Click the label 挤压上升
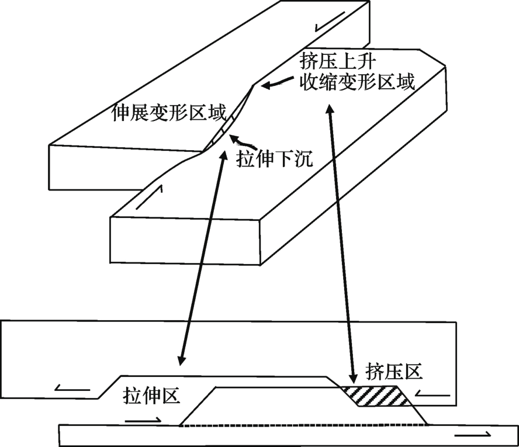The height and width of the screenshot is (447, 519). pyautogui.click(x=338, y=61)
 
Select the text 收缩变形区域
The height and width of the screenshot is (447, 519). pyautogui.click(x=357, y=81)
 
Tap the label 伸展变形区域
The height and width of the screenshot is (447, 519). pyautogui.click(x=169, y=113)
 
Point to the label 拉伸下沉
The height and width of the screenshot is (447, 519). pyautogui.click(x=274, y=159)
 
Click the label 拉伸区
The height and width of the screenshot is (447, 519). pyautogui.click(x=151, y=395)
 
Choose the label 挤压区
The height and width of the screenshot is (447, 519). pyautogui.click(x=394, y=371)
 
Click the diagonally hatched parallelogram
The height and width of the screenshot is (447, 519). pyautogui.click(x=376, y=396)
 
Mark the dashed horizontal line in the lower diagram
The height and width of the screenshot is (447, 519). pyautogui.click(x=303, y=425)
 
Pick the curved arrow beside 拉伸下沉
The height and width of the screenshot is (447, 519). pyautogui.click(x=243, y=142)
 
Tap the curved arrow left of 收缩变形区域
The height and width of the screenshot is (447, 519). pyautogui.click(x=278, y=82)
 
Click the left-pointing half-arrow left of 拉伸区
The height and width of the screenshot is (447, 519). pyautogui.click(x=72, y=388)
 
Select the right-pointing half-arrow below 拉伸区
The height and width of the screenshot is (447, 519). pyautogui.click(x=143, y=420)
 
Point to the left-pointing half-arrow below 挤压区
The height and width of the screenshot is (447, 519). pyautogui.click(x=432, y=393)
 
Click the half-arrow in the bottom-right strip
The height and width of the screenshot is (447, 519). pyautogui.click(x=473, y=434)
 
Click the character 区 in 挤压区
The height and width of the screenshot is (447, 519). pyautogui.click(x=414, y=371)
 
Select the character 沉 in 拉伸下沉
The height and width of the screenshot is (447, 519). pyautogui.click(x=303, y=159)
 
